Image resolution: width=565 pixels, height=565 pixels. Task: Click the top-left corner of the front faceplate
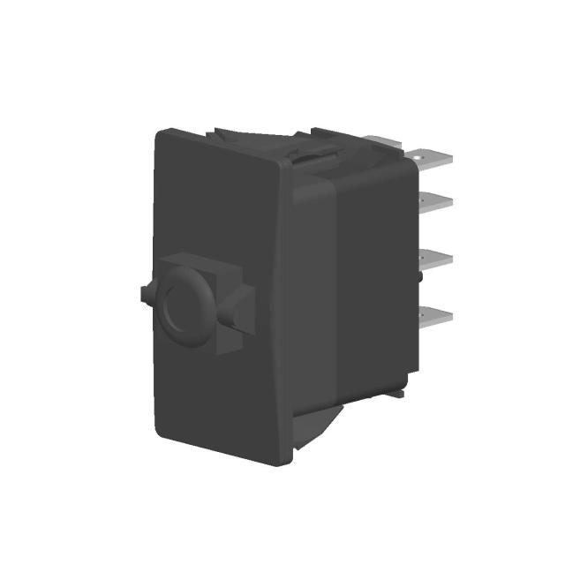click(161, 135)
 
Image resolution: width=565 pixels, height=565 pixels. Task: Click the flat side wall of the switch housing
click(362, 282)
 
